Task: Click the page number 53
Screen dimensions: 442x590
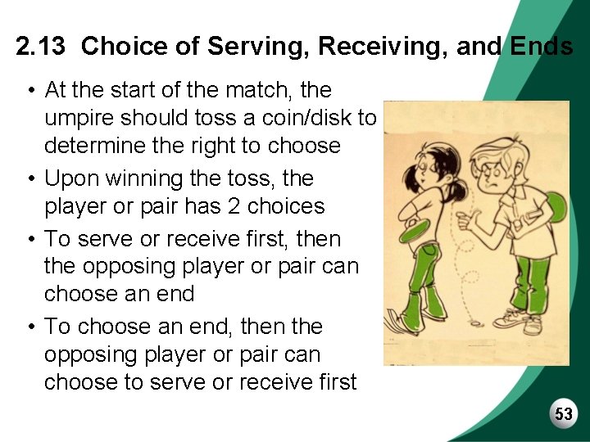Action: point(564,414)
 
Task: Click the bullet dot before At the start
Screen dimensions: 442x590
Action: point(29,88)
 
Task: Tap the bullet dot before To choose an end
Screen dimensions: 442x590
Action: point(29,327)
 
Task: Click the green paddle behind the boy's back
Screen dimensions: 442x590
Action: point(556,212)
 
